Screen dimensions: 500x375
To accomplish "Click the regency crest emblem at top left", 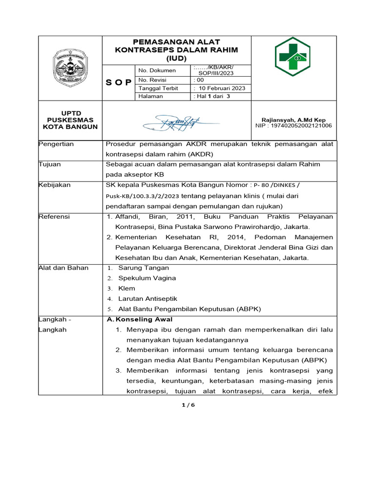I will tap(70, 68).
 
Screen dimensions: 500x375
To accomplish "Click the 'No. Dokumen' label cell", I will tap(157, 70).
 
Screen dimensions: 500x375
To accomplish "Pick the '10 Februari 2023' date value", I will tap(219, 88).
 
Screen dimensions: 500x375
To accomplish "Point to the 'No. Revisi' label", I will tap(154, 80).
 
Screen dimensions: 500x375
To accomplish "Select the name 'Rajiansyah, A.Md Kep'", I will tap(293, 120).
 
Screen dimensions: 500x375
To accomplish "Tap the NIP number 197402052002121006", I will tap(293, 125).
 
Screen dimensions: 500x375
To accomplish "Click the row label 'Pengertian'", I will tap(56, 144).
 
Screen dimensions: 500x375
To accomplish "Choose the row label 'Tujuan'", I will tap(50, 165).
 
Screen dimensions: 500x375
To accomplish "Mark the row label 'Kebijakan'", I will tap(55, 185).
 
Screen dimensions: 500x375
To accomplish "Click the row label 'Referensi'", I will tap(54, 216).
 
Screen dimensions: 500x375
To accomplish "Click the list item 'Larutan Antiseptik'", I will tap(147, 298).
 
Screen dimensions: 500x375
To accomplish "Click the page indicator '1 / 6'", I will tap(187, 405).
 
